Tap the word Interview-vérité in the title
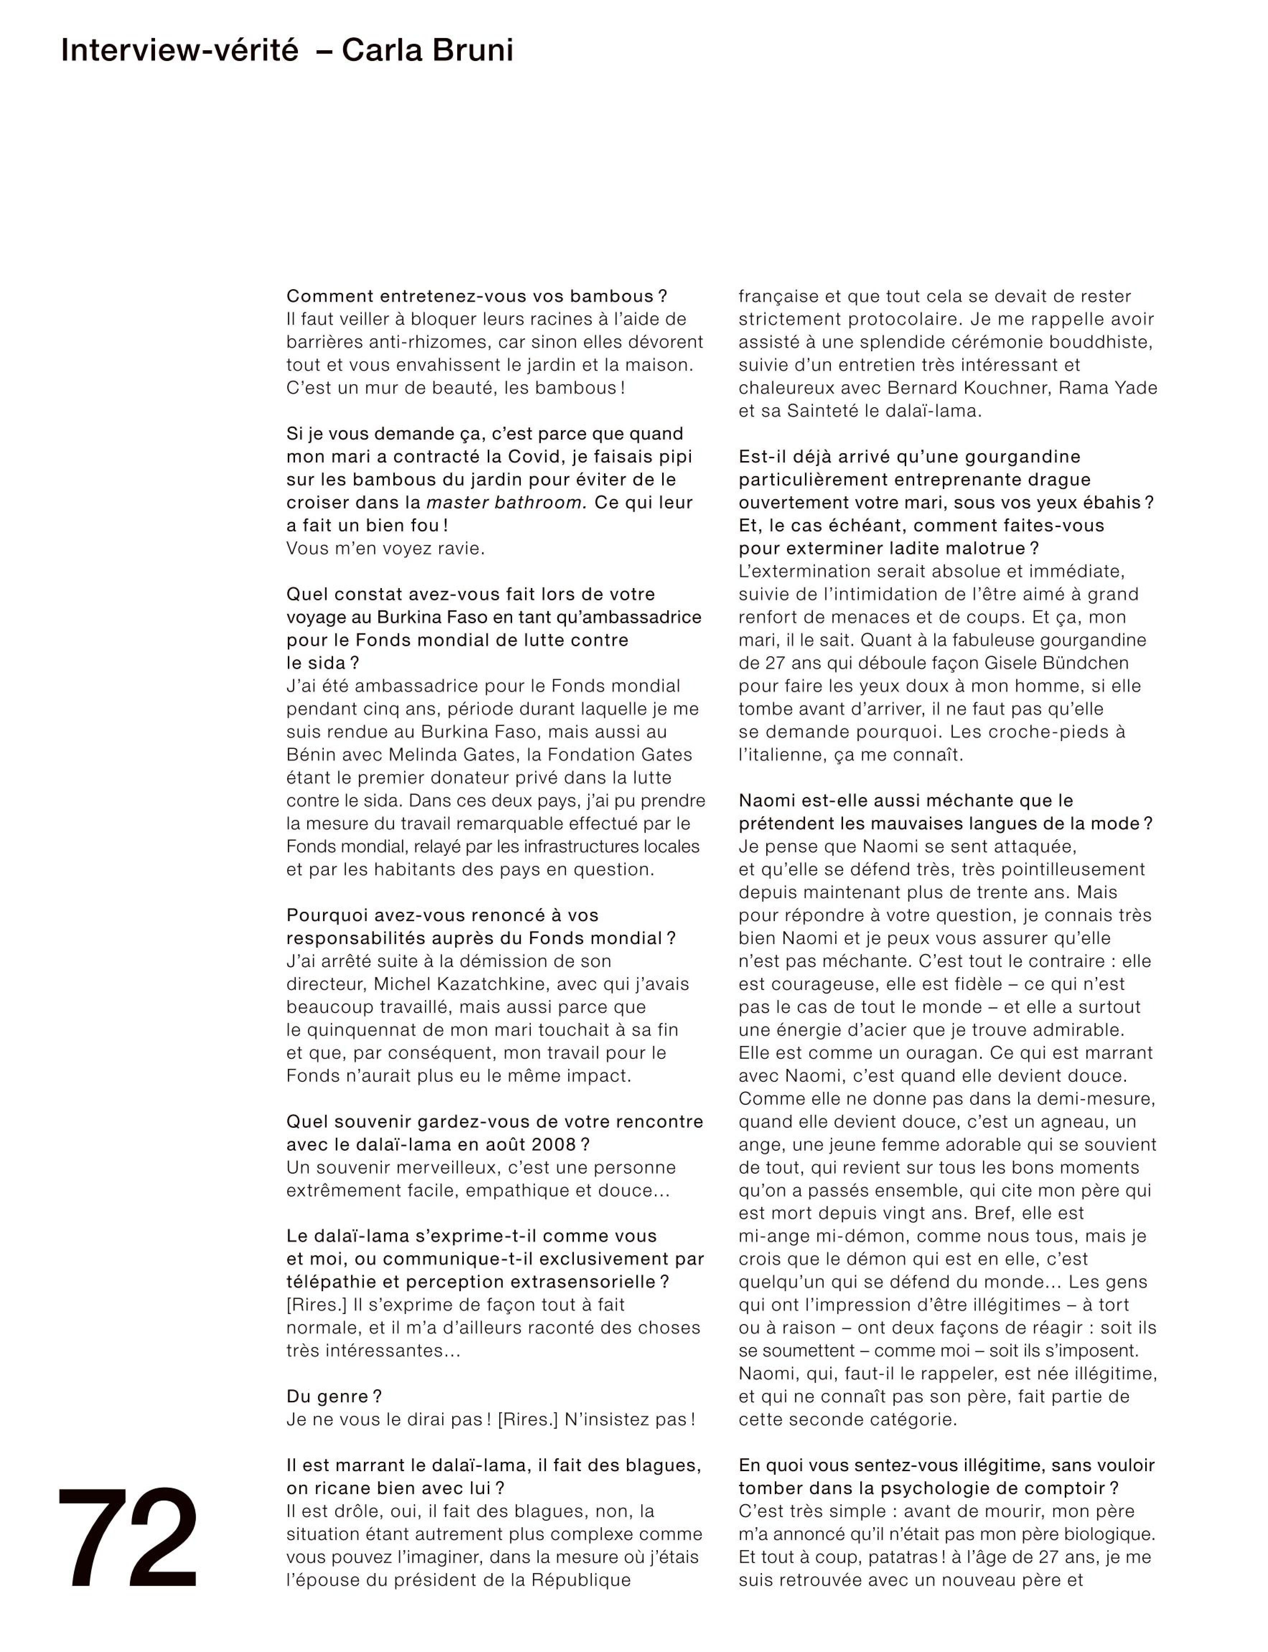(180, 51)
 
